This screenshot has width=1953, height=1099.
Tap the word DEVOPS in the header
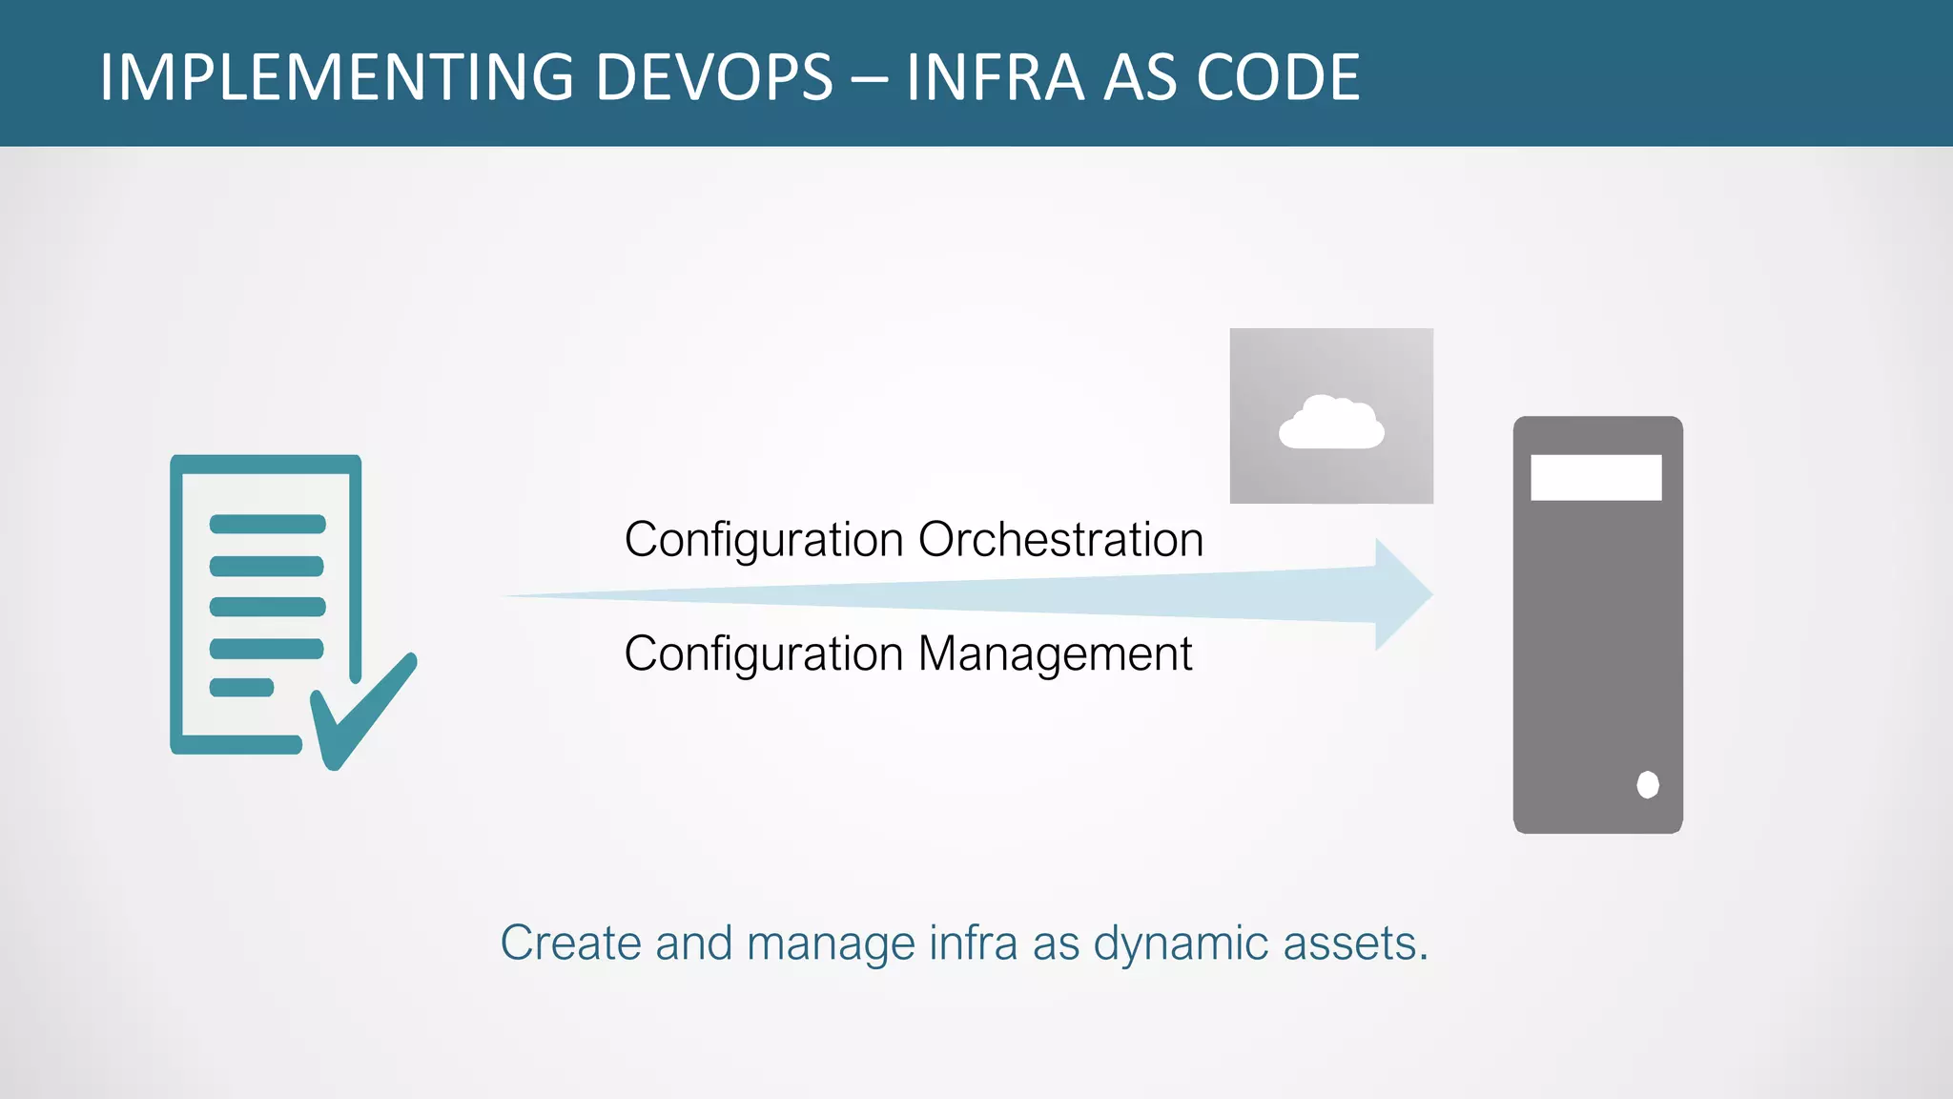714,77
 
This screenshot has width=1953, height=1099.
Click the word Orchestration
1060,540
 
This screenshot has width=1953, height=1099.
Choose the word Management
1055,654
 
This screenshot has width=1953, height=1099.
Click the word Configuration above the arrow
764,541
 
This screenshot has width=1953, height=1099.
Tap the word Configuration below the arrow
764,655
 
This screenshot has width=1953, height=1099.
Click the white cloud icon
1331,424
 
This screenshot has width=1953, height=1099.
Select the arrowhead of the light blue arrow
1402,594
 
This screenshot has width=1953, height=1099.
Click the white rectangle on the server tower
1595,477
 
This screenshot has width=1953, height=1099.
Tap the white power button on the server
1647,784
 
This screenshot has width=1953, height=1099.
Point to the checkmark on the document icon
362,711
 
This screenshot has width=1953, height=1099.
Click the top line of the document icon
267,524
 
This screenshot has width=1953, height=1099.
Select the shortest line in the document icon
241,687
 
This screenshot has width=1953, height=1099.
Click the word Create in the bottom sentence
570,943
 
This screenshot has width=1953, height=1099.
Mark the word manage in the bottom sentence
831,943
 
